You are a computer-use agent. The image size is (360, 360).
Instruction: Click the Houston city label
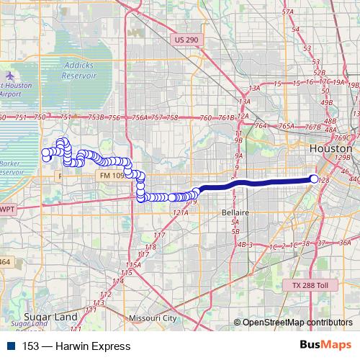pyautogui.click(x=330, y=148)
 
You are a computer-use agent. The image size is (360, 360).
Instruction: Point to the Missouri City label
pyautogui.click(x=152, y=318)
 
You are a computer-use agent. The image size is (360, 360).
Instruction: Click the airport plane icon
pyautogui.click(x=10, y=75)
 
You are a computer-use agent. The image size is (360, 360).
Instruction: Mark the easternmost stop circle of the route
pyautogui.click(x=314, y=179)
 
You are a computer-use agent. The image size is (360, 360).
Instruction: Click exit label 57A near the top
pyautogui.click(x=288, y=32)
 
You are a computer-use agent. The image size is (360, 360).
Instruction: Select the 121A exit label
pyautogui.click(x=180, y=213)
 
